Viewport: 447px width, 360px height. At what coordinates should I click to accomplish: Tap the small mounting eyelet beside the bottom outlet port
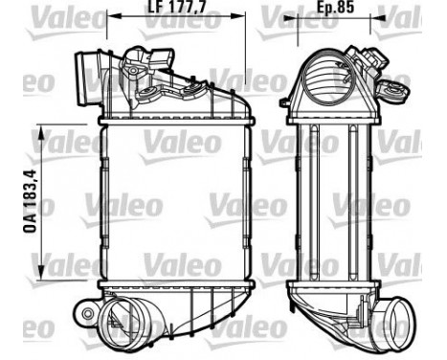82,313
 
